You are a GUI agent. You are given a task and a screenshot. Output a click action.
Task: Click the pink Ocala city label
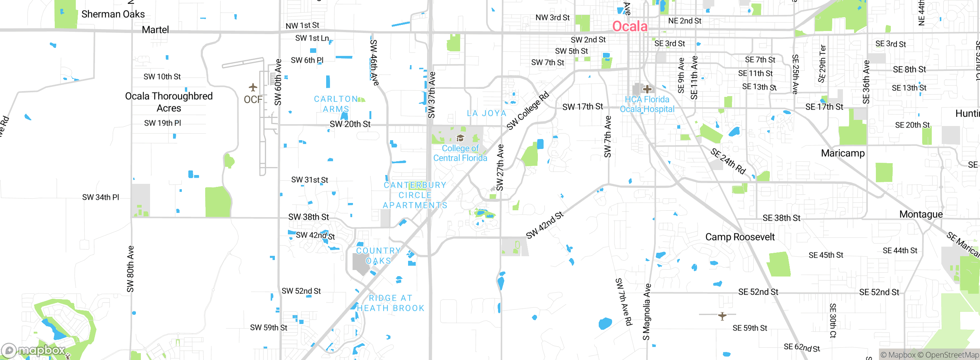click(x=630, y=26)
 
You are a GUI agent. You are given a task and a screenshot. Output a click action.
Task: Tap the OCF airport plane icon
click(x=253, y=87)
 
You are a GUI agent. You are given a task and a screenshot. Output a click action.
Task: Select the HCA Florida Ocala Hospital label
click(x=647, y=104)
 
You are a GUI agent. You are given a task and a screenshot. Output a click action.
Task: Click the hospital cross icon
click(x=647, y=89)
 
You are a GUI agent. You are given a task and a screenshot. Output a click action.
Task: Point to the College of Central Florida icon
click(x=460, y=138)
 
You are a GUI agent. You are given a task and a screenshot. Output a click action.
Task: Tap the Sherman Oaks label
click(x=113, y=14)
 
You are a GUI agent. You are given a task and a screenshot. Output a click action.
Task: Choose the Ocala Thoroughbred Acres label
click(x=169, y=102)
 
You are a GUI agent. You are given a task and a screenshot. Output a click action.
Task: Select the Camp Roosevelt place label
click(x=740, y=237)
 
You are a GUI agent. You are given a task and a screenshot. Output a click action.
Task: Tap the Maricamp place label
click(x=843, y=153)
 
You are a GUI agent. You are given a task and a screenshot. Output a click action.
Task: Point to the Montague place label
click(x=921, y=214)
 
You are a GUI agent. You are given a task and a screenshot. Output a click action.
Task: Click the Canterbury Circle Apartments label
click(x=415, y=195)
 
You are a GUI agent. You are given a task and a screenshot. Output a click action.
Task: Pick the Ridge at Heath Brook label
click(x=390, y=303)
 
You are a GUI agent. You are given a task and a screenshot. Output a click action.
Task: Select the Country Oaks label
click(x=378, y=255)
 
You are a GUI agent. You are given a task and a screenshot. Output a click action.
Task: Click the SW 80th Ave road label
click(x=131, y=269)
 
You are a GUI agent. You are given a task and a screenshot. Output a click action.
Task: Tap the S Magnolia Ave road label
click(x=647, y=312)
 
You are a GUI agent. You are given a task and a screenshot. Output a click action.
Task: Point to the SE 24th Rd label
click(x=728, y=161)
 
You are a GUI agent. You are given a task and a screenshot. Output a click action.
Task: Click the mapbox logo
click(x=34, y=350)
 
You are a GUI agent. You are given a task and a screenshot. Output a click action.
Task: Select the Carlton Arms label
click(x=336, y=104)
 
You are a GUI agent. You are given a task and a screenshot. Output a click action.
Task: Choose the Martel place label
click(x=155, y=30)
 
